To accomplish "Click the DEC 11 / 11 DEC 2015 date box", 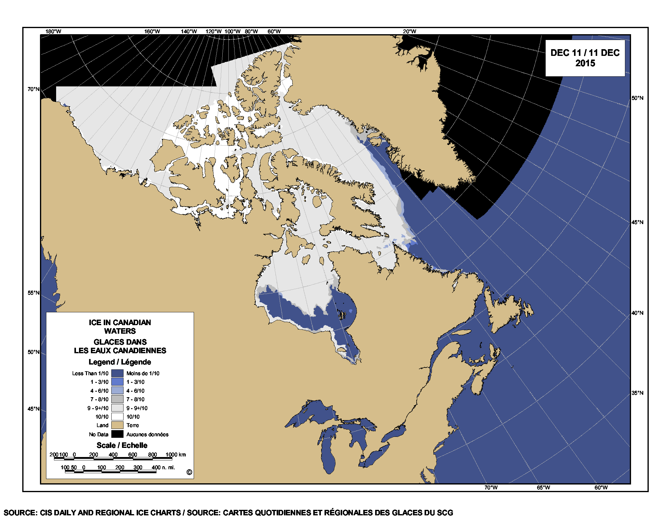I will point(585,58).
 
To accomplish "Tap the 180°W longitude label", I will point(53,31).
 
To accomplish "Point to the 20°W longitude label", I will point(410,31).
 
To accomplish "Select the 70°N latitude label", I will point(34,89).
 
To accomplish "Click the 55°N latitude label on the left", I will point(34,293).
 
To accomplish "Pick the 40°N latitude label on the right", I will point(637,313).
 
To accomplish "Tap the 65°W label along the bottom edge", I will point(543,488).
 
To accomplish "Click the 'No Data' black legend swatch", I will point(117,434).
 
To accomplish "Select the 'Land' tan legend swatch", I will point(117,425).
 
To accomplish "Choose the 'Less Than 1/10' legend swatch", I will point(117,373).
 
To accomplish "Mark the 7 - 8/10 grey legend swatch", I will point(117,399).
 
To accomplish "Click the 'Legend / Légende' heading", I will point(120,362).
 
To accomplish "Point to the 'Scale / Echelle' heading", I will point(122,445).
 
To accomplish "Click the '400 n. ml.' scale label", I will point(163,467).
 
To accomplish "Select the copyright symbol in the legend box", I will point(189,472).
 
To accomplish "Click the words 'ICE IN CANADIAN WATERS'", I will point(120,327).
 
